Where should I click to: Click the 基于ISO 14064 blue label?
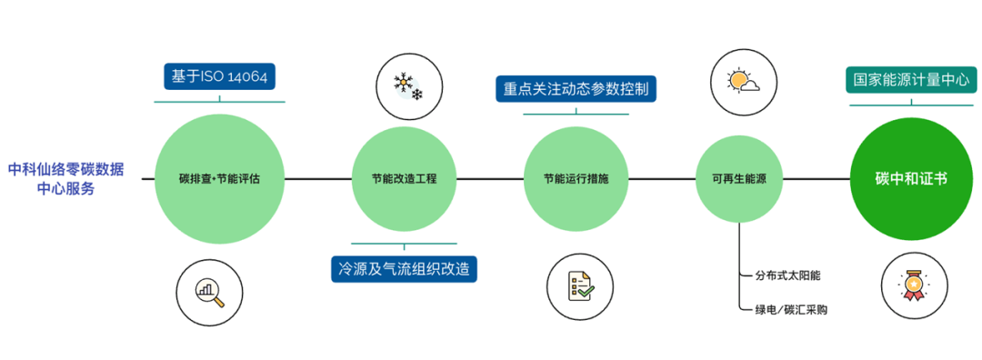point(219,76)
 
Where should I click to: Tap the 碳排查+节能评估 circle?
point(219,179)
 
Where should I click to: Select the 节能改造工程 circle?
point(404,179)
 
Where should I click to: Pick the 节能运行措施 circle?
point(576,179)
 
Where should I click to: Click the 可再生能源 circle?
point(739,179)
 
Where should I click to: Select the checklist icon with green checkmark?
point(580,285)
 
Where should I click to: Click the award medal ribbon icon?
point(914,285)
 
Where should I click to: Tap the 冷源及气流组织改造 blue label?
point(404,269)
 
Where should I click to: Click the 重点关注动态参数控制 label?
point(576,89)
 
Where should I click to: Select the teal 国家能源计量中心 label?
point(911,79)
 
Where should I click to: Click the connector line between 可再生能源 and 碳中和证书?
point(816,179)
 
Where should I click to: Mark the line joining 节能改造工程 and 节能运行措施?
point(490,179)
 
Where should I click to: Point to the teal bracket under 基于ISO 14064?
point(219,100)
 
